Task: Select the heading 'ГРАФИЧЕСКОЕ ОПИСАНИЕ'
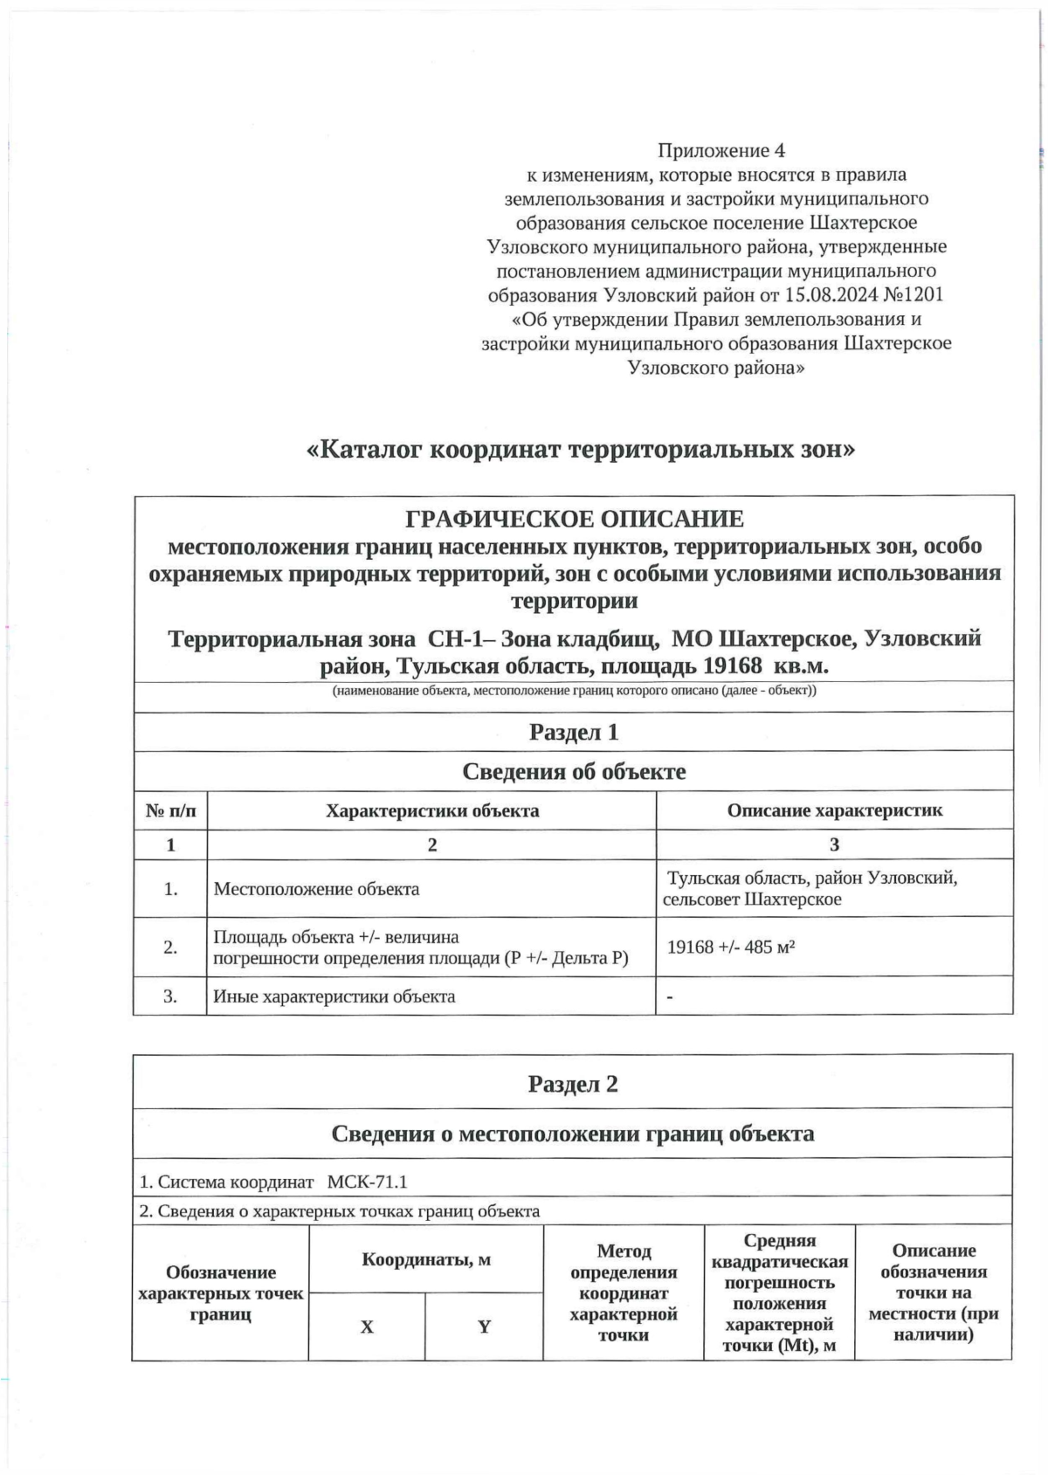575,519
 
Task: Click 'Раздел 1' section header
573,732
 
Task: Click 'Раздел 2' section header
573,1084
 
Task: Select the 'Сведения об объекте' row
573,771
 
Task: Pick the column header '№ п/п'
170,810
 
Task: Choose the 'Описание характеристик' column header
834,810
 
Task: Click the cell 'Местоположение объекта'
317,889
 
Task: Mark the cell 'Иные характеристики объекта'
334,996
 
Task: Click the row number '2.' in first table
170,947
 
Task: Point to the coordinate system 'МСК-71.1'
367,1182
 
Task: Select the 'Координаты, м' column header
426,1259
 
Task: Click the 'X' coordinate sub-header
367,1327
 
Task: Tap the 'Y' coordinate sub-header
484,1327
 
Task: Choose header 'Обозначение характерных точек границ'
221,1293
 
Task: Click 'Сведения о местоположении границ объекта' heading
573,1134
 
